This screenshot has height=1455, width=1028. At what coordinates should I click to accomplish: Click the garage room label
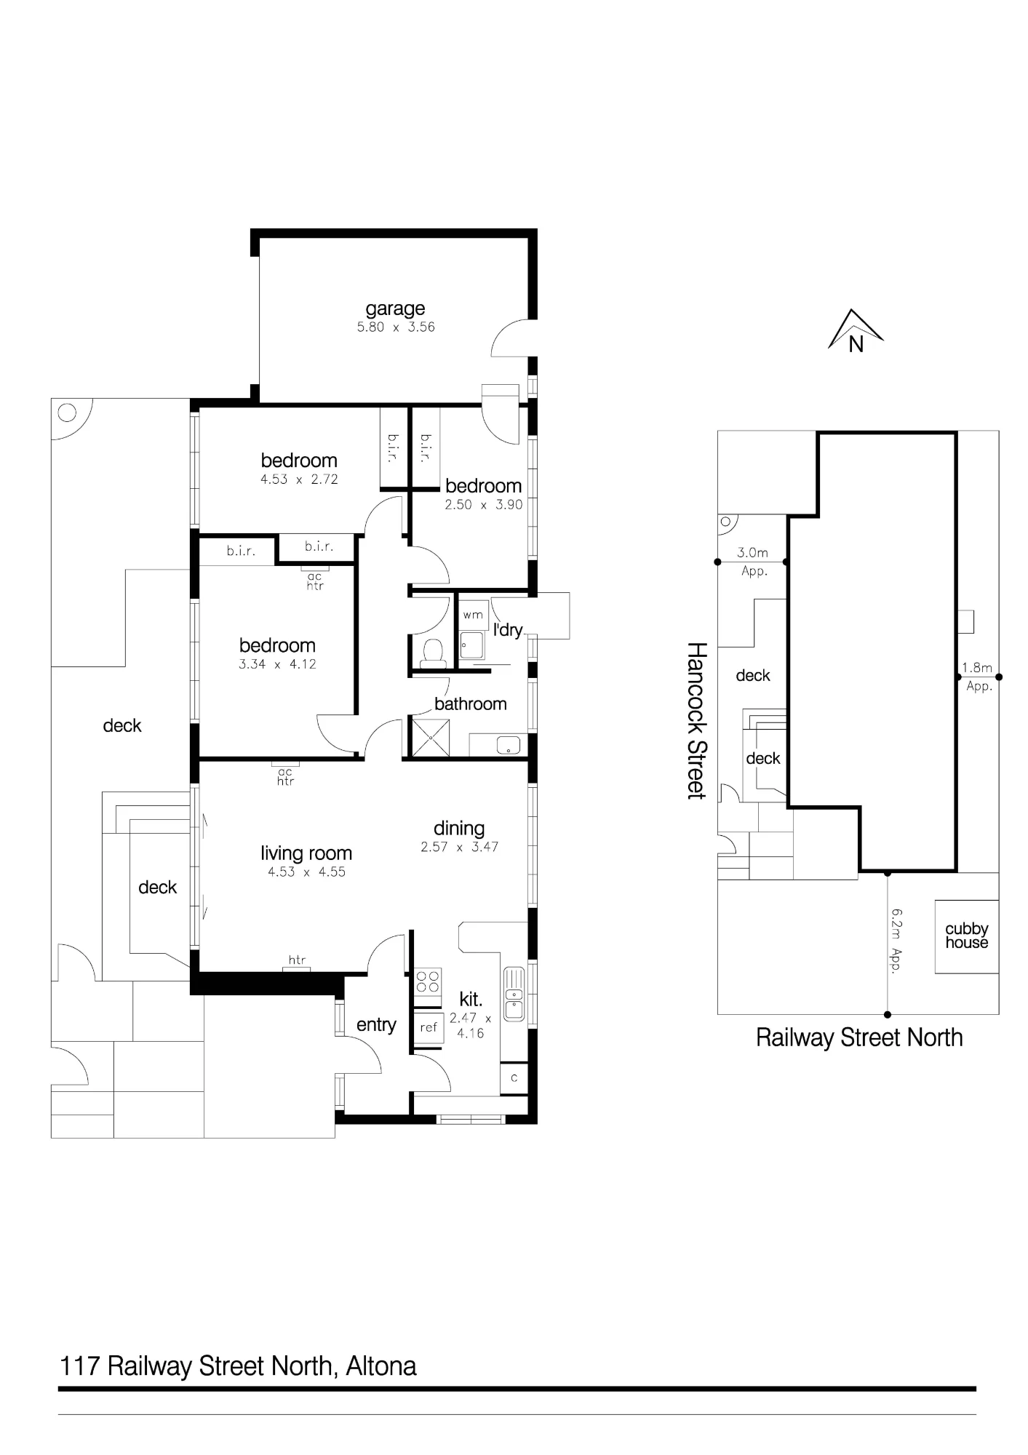pos(395,309)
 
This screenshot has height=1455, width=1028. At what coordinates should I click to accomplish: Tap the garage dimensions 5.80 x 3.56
pos(396,327)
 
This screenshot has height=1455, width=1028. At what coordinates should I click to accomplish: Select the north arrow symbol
pos(856,331)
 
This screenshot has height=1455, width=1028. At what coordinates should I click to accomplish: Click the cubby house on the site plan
pos(966,936)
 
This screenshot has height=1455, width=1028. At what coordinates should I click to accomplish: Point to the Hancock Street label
pos(697,720)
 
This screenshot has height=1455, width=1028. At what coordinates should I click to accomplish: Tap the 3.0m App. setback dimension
pos(753,562)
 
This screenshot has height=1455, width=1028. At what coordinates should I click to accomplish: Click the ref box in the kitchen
pos(429,1027)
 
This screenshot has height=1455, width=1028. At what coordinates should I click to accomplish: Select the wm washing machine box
pos(473,615)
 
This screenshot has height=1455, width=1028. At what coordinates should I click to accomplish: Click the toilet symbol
pos(434,653)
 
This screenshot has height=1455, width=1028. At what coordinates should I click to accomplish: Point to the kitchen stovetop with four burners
pos(428,981)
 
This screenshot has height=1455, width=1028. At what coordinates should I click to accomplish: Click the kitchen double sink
pos(514,994)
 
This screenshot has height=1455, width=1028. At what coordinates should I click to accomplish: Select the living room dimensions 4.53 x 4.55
pos(306,872)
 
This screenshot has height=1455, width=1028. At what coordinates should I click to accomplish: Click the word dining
pos(459,829)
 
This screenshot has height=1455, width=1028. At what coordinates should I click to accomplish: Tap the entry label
pos(376,1025)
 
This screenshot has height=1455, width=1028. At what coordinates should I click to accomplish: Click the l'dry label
pos(508,630)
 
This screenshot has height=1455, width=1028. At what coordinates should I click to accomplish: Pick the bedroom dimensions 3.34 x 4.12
pos(277,664)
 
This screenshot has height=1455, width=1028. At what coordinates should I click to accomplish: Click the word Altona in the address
pos(381,1366)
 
